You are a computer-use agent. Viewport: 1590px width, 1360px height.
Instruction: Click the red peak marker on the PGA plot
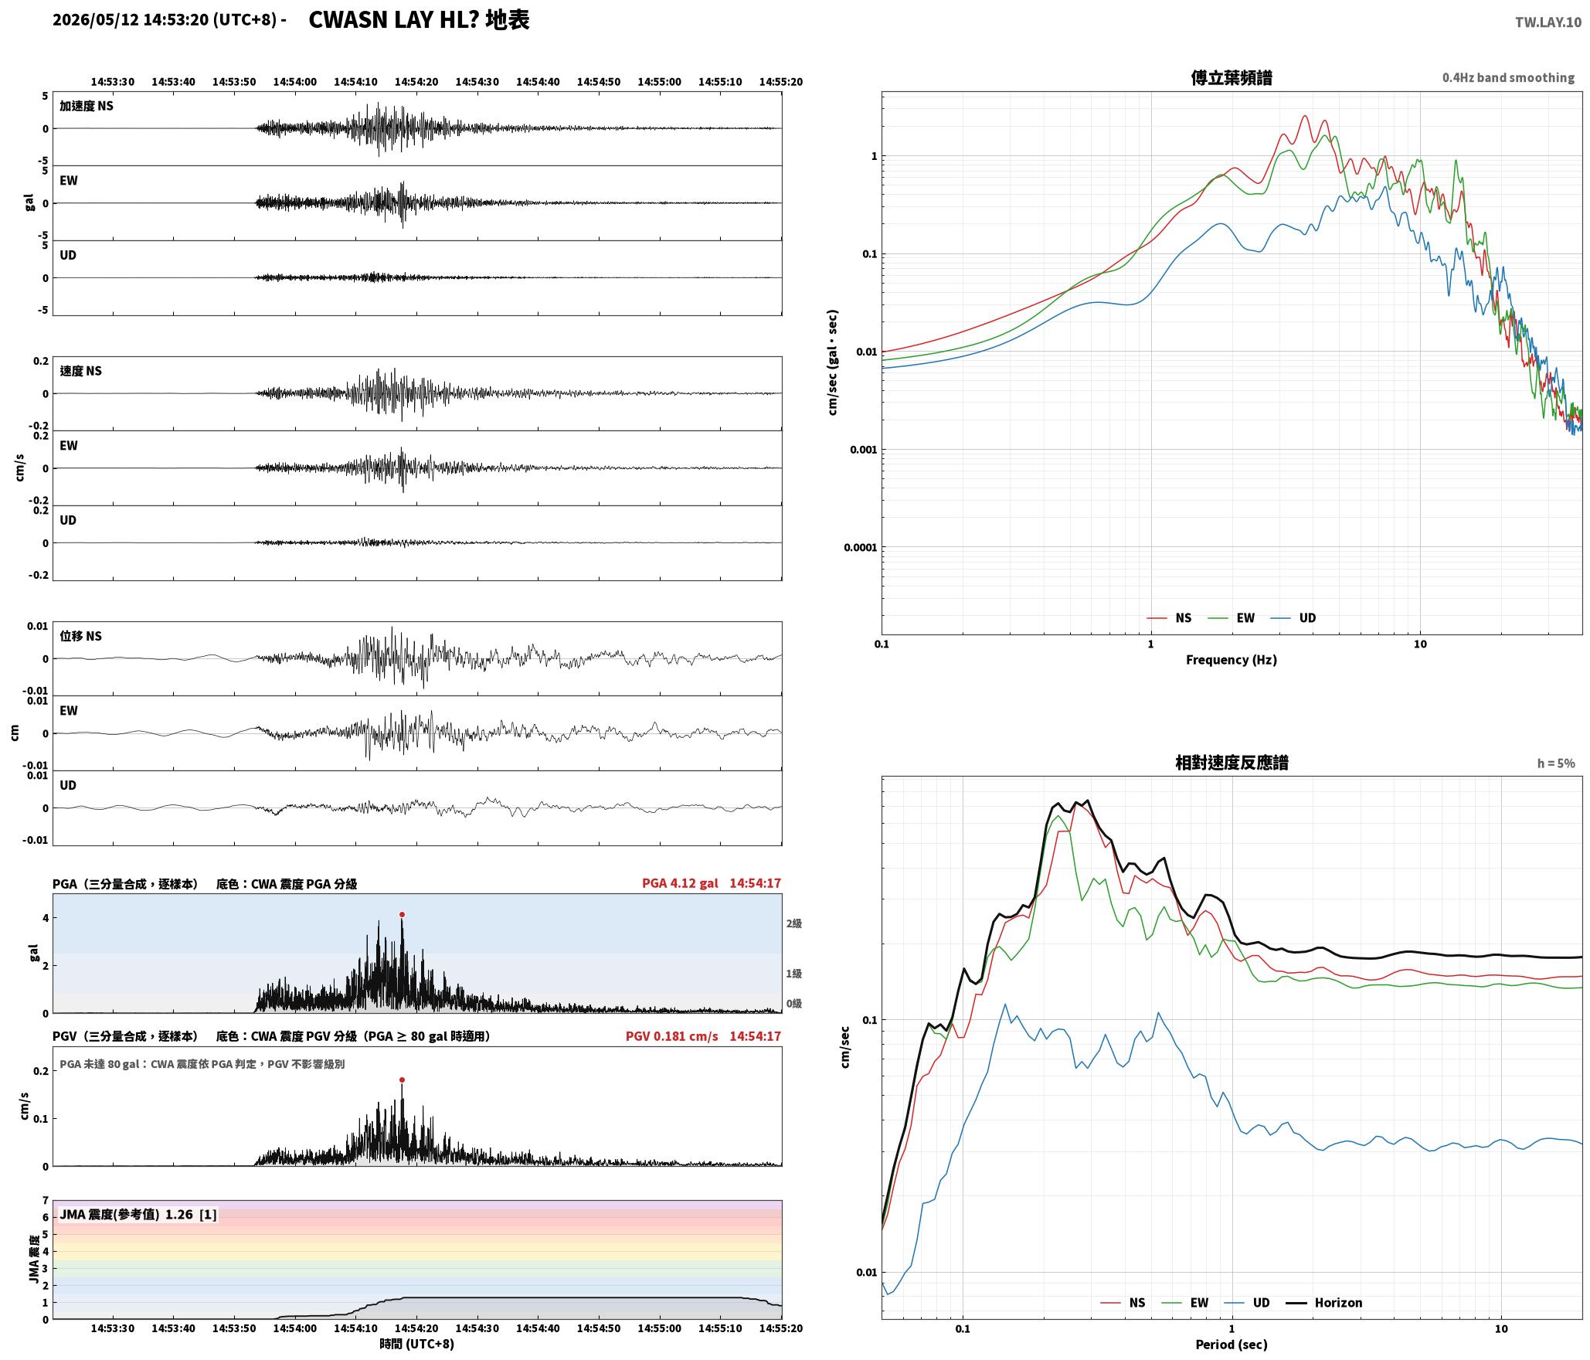402,915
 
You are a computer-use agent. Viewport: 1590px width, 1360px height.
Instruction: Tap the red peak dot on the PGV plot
402,1080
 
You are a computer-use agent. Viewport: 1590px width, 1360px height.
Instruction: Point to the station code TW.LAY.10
1548,22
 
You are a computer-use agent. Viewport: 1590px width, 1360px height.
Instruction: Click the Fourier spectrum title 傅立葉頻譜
1232,77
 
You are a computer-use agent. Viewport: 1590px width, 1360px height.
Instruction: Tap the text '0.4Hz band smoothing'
1508,78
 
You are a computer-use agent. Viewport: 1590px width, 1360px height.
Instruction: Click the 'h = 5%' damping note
1555,763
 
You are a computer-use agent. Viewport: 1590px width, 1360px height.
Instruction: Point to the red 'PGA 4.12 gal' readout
680,883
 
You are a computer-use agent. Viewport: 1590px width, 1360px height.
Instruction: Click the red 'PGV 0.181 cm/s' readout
671,1036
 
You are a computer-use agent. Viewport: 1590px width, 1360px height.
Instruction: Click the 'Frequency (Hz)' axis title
1232,660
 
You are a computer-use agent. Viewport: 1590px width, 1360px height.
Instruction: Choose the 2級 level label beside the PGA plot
793,923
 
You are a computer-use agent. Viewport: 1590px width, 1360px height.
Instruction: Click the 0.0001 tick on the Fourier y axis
860,548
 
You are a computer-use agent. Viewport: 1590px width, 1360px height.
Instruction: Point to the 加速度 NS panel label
87,106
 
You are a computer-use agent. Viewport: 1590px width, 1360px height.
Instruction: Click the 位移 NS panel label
80,636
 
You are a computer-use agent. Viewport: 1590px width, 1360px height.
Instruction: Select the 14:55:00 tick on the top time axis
659,82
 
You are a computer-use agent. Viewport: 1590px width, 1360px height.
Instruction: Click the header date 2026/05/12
96,20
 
